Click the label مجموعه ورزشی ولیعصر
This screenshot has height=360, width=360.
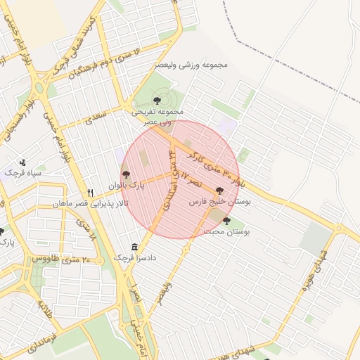[192, 65]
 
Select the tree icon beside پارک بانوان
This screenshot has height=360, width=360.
[127, 174]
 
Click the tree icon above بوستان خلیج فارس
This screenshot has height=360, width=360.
[219, 191]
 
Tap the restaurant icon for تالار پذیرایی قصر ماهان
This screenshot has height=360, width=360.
[90, 193]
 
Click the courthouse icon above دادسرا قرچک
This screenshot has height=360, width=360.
[134, 247]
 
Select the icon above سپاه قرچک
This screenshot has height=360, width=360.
[22, 162]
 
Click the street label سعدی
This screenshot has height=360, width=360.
[95, 117]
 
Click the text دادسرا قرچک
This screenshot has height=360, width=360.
[135, 259]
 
